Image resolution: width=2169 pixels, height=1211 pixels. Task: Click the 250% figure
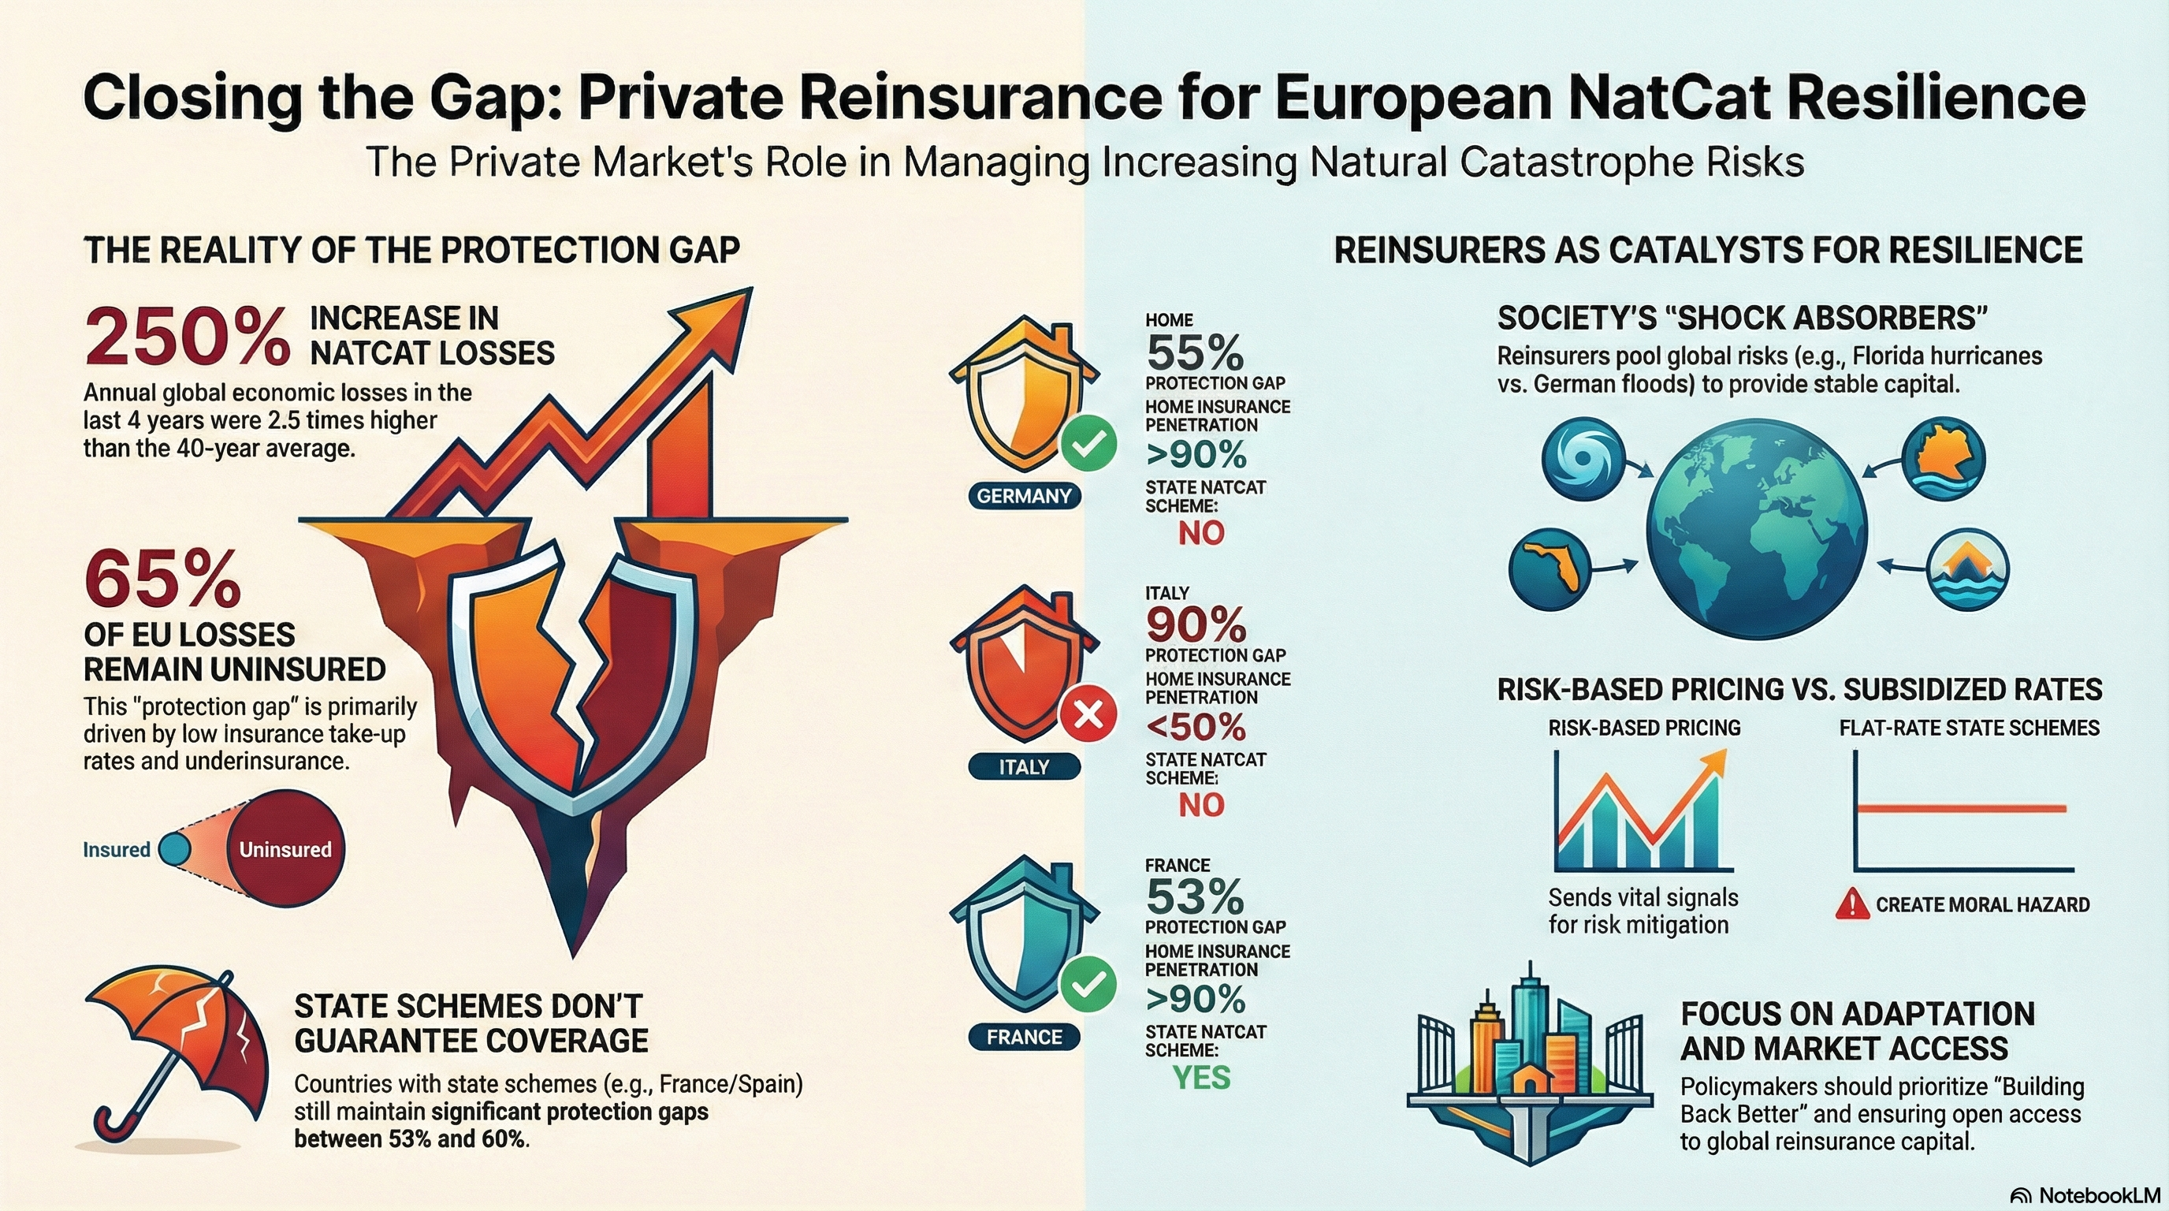pyautogui.click(x=187, y=337)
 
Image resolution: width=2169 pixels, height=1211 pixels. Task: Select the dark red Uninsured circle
pyautogui.click(x=285, y=849)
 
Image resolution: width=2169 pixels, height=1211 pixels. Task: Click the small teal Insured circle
pyautogui.click(x=174, y=849)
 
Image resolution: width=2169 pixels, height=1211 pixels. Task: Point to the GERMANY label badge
pyautogui.click(x=1024, y=496)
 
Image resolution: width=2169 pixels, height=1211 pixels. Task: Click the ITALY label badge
pyautogui.click(x=1024, y=767)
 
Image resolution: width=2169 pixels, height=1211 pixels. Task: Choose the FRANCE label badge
pyautogui.click(x=1024, y=1038)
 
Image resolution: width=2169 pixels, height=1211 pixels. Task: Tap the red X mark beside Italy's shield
pyautogui.click(x=1088, y=716)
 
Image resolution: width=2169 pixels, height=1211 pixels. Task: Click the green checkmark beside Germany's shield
pyautogui.click(x=1088, y=444)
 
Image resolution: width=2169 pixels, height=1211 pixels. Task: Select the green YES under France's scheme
pyautogui.click(x=1201, y=1078)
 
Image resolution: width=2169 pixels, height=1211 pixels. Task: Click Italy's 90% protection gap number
pyautogui.click(x=1196, y=625)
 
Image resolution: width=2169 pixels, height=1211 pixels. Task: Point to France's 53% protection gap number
pyautogui.click(x=1195, y=897)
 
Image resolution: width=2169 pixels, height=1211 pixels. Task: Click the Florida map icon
pyautogui.click(x=1550, y=568)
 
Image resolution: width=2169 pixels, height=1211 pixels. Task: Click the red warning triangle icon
pyautogui.click(x=1851, y=904)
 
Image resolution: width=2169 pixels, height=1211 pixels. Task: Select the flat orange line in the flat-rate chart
pyautogui.click(x=1962, y=808)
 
